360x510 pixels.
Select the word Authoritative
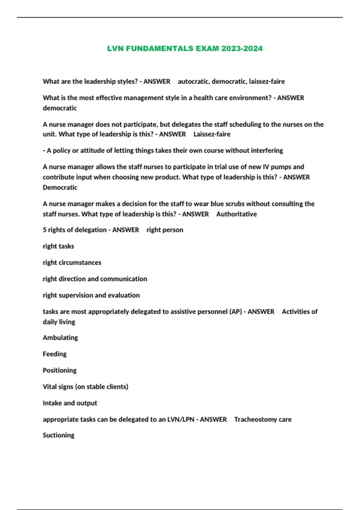tap(236, 214)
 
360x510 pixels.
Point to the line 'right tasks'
tap(58, 246)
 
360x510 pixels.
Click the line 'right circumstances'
tap(72, 262)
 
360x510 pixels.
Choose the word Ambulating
tap(60, 338)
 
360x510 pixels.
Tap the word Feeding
tap(55, 354)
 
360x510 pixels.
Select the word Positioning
tap(59, 370)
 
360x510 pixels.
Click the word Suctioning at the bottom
tap(58, 435)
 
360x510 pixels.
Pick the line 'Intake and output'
tap(70, 403)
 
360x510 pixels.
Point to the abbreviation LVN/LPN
tap(180, 419)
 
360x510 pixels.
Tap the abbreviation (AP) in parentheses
tap(235, 312)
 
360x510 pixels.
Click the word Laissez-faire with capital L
tap(212, 134)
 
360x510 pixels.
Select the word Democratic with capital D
tap(60, 187)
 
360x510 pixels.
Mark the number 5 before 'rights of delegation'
tap(44, 230)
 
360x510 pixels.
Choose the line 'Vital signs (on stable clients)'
tap(85, 387)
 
